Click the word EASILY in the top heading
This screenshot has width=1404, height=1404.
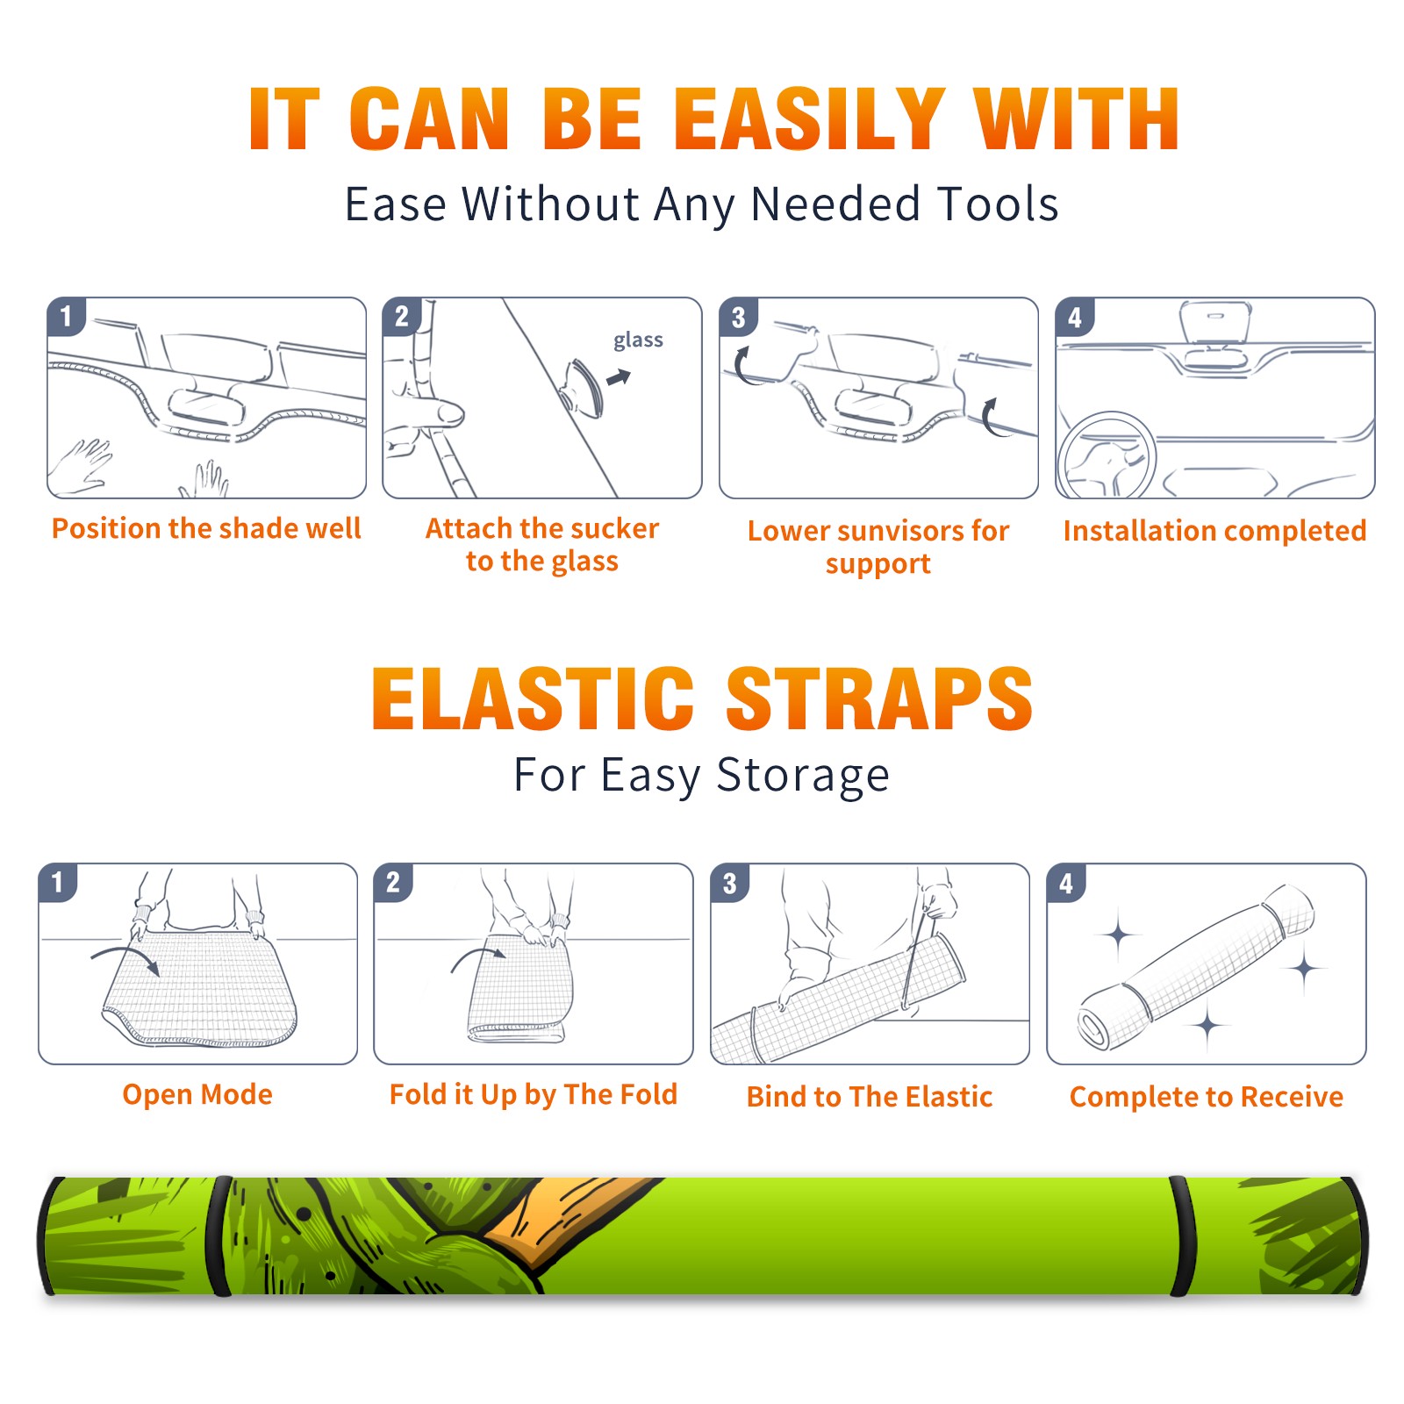[x=810, y=119]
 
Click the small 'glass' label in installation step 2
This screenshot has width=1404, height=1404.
[x=638, y=340]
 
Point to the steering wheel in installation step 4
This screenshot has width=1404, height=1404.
[x=1107, y=455]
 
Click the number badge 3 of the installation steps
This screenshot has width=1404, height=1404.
[x=738, y=317]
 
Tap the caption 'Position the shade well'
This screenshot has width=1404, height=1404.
[x=206, y=528]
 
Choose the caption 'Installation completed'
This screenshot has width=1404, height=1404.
[x=1214, y=530]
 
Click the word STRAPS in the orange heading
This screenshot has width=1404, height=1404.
[x=879, y=698]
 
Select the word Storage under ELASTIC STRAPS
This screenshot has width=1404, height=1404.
[x=803, y=776]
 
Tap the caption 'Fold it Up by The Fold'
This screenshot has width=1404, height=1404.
[x=534, y=1094]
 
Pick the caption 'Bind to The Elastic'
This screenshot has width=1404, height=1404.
[x=870, y=1096]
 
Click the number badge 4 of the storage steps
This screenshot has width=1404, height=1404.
[x=1065, y=883]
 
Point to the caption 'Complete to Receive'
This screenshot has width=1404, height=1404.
[x=1207, y=1097]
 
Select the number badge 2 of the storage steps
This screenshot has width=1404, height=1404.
[x=392, y=883]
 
